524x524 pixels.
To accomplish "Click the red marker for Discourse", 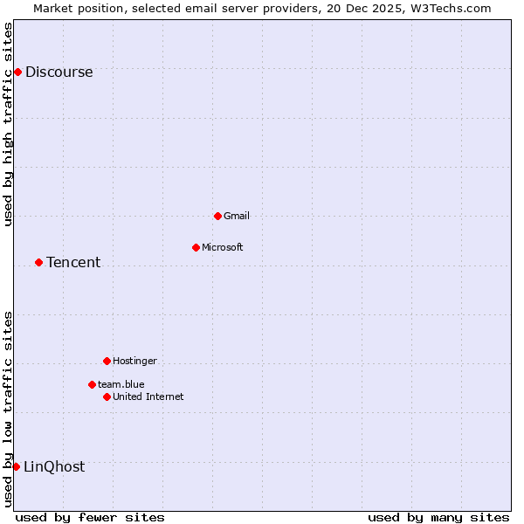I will click(x=17, y=72).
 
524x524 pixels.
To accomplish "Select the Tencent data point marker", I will click(x=38, y=262).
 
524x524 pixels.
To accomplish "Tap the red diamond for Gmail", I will click(x=217, y=216).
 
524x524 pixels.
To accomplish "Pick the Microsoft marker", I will click(x=196, y=247).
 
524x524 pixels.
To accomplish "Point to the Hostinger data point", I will click(x=107, y=361).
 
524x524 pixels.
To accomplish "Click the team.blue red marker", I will click(x=92, y=384).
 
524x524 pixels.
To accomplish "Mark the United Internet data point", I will click(x=107, y=396).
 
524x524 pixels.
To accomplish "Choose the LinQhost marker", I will click(x=16, y=466).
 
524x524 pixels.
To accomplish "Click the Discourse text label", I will click(x=59, y=72).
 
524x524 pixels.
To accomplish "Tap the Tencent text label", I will click(x=73, y=263).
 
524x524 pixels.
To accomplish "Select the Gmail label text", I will click(x=237, y=216).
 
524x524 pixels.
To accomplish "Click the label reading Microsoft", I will click(x=223, y=247).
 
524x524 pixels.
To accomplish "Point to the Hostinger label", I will click(x=134, y=361).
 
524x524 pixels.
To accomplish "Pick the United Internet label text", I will click(x=148, y=396).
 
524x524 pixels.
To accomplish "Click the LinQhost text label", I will click(x=54, y=467).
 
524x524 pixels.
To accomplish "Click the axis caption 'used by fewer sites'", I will click(x=90, y=517).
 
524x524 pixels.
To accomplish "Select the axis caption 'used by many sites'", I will click(x=438, y=517).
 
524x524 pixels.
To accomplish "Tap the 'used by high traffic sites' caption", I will click(x=9, y=124).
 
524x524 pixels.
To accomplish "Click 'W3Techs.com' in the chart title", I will click(x=451, y=8).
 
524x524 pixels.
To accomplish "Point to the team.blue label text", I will click(x=121, y=384).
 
